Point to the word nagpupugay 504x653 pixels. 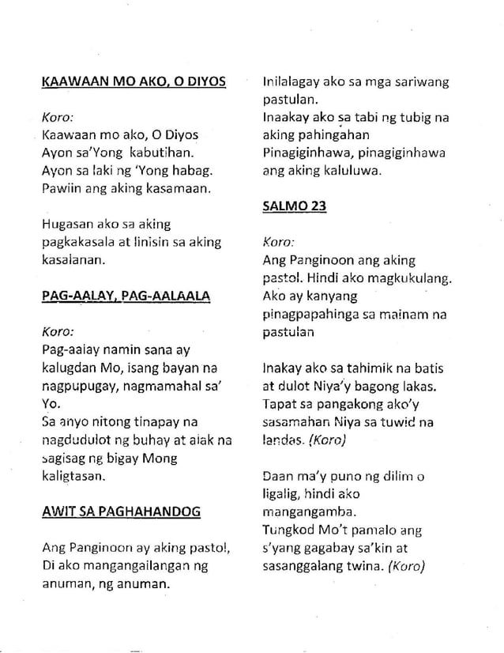(76, 385)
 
